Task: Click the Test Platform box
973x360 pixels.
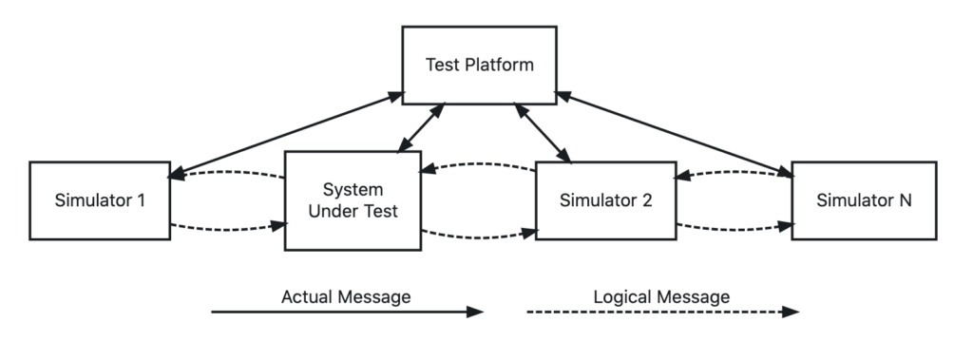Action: (x=479, y=66)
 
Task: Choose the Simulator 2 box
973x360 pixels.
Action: (x=604, y=200)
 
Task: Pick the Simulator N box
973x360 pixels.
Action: (x=864, y=200)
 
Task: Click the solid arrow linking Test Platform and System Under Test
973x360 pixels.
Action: (x=421, y=127)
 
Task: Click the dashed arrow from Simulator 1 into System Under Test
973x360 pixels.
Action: (x=228, y=228)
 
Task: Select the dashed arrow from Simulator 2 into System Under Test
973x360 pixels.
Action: (x=480, y=165)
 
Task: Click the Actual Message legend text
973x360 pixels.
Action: (x=346, y=297)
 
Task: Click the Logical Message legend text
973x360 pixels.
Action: (x=661, y=297)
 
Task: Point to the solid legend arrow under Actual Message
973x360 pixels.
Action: (x=346, y=312)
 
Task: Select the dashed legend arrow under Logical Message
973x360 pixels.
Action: (x=661, y=312)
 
